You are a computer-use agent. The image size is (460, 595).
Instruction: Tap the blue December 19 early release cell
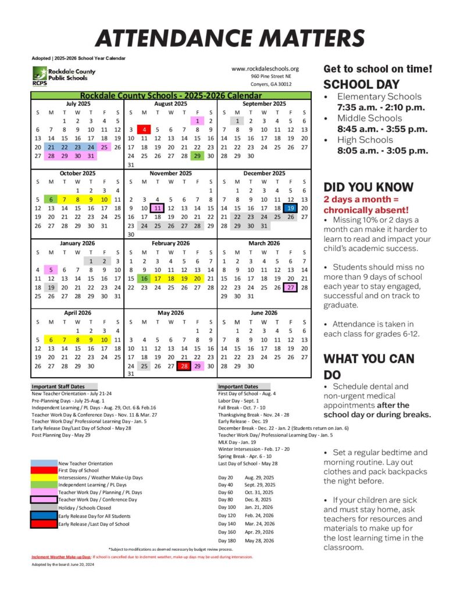[x=291, y=207]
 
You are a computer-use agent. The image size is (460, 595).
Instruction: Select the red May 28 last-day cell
[x=184, y=366]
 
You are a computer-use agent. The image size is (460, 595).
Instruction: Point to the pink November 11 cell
[x=158, y=207]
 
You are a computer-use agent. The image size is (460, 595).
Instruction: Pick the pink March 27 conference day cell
[x=291, y=287]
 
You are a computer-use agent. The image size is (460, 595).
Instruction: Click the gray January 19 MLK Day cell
[x=51, y=287]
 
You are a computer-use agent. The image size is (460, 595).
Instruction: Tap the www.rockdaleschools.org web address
[x=265, y=68]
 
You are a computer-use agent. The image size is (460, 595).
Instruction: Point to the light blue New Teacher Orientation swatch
[x=44, y=463]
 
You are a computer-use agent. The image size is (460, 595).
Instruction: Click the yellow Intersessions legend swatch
[x=44, y=477]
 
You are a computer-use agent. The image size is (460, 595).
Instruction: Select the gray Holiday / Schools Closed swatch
[x=44, y=507]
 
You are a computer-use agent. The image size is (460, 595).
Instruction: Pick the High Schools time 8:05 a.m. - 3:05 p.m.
[x=382, y=150]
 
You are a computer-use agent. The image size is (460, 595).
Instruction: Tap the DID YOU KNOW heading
[x=368, y=187]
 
